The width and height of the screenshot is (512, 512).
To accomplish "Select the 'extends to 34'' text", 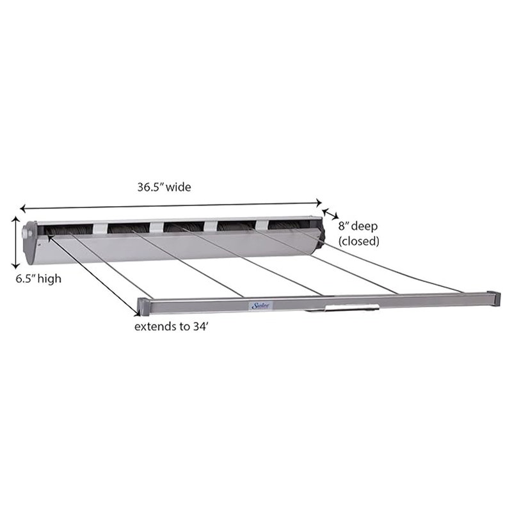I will point(170,326).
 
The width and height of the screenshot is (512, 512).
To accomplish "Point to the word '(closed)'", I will point(359,241).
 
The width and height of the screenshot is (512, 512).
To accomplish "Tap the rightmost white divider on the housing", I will point(262,224).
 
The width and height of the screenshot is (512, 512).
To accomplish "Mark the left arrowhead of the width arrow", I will point(23,208).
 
